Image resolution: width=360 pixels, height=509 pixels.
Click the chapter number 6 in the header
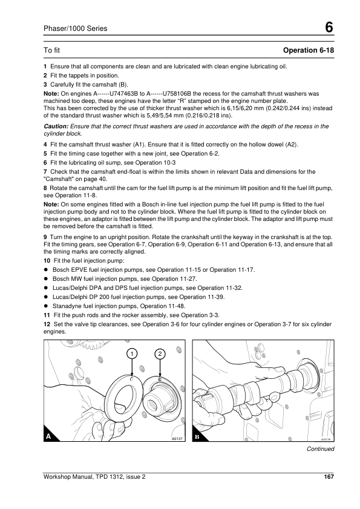[329, 27]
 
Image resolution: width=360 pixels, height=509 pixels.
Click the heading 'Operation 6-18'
[309, 50]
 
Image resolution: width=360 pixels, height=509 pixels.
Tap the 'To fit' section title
[52, 50]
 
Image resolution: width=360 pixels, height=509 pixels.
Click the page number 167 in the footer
[329, 476]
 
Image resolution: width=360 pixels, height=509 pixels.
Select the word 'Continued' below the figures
[321, 449]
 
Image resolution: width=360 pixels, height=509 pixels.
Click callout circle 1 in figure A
[131, 354]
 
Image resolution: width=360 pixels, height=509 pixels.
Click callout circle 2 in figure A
[160, 354]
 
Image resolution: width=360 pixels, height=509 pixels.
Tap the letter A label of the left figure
[48, 436]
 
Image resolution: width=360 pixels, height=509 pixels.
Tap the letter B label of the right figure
[197, 437]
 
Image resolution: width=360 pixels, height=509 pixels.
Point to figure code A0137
[177, 439]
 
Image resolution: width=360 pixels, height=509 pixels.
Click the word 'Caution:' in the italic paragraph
[56, 126]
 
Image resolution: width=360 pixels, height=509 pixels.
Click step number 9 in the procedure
[45, 237]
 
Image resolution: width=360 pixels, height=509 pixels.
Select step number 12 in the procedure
[47, 324]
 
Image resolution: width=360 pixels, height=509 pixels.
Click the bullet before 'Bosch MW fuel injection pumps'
[46, 279]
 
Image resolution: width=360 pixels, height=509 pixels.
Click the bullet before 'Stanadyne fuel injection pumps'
[46, 306]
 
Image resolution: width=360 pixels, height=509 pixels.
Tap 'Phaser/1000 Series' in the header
[75, 28]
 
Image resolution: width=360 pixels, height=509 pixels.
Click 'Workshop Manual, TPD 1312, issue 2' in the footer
[94, 476]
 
